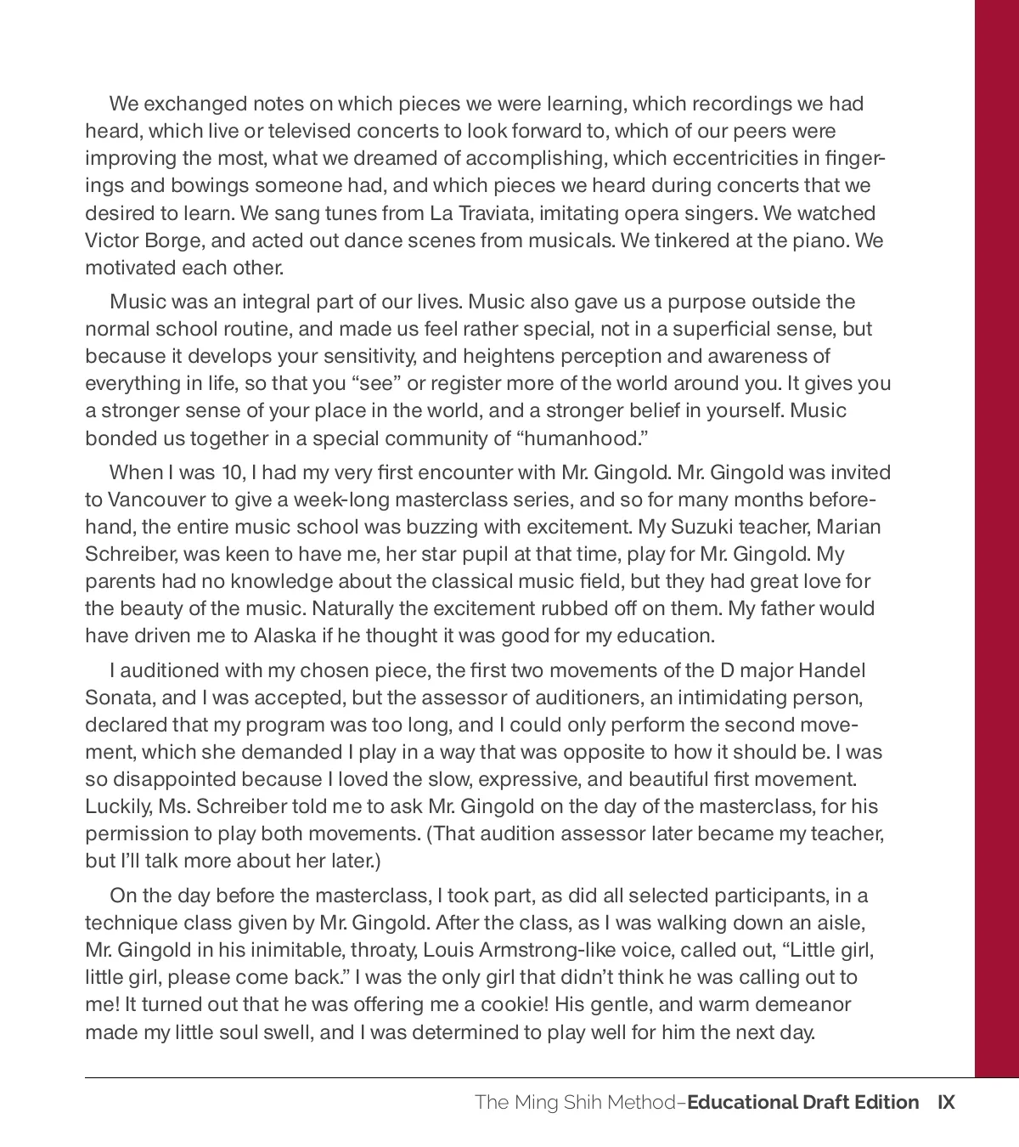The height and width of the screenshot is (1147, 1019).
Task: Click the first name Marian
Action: [x=848, y=527]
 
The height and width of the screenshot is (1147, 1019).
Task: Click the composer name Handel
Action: [x=832, y=670]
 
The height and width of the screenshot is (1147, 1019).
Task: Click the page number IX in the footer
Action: [x=946, y=1103]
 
